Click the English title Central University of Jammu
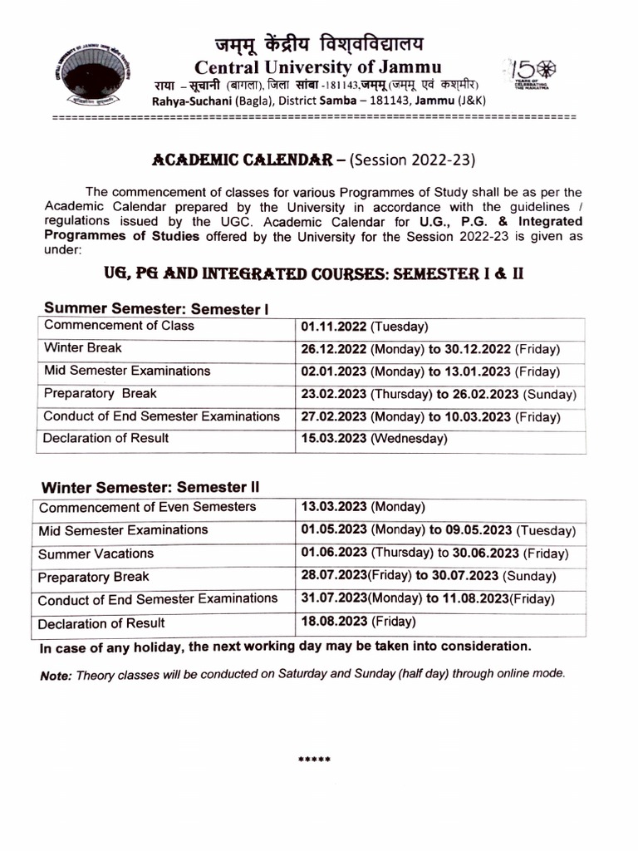pyautogui.click(x=318, y=67)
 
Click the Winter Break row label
pyautogui.click(x=83, y=348)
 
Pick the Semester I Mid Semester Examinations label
pyautogui.click(x=127, y=371)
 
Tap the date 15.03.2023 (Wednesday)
pyautogui.click(x=374, y=438)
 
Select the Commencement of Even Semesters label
pyautogui.click(x=148, y=507)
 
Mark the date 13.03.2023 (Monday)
pyautogui.click(x=363, y=507)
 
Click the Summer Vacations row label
pyautogui.click(x=96, y=553)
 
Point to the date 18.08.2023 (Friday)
pyautogui.click(x=358, y=621)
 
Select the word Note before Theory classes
pyautogui.click(x=56, y=676)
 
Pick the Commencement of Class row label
pyautogui.click(x=119, y=326)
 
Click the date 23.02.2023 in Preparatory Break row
pyautogui.click(x=333, y=394)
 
